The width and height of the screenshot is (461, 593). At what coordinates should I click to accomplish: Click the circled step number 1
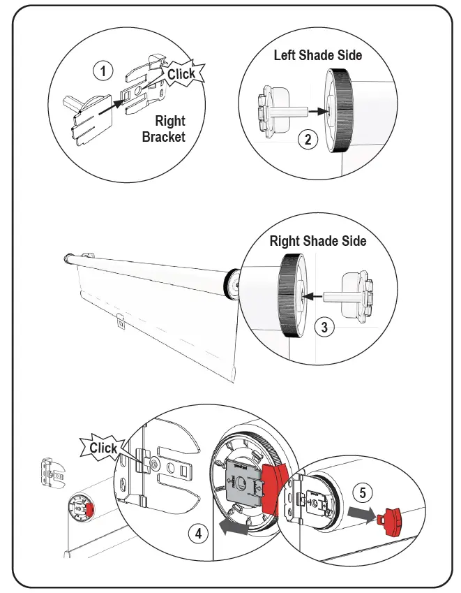click(x=103, y=71)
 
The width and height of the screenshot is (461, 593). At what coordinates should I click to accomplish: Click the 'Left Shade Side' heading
click(x=317, y=54)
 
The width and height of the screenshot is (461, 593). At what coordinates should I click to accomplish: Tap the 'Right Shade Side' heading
click(x=318, y=241)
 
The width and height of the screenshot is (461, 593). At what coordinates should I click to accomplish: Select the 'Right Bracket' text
click(x=164, y=129)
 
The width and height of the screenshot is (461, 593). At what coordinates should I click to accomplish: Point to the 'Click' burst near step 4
click(x=104, y=448)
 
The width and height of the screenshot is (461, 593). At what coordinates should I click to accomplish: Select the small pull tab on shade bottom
click(x=121, y=322)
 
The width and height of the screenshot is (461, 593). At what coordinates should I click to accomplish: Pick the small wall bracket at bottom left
click(x=49, y=475)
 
